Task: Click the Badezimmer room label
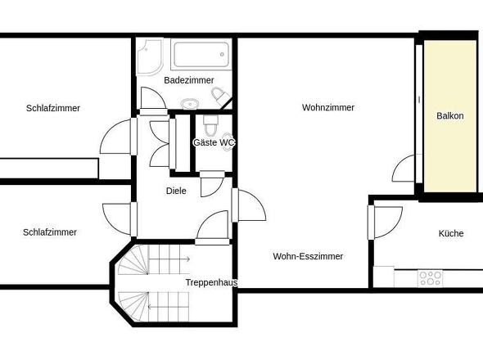click(x=189, y=80)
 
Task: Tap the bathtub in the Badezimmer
click(x=201, y=55)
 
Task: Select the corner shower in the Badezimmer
click(x=149, y=56)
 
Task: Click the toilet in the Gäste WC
click(x=210, y=125)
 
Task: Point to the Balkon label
click(x=450, y=116)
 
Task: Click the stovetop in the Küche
click(x=431, y=278)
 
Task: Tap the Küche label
click(x=451, y=233)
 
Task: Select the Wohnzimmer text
click(x=328, y=107)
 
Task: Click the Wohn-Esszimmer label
click(x=308, y=256)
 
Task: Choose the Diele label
click(x=176, y=191)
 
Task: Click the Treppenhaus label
click(x=211, y=282)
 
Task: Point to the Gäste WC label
click(x=214, y=142)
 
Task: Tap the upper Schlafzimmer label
click(x=53, y=108)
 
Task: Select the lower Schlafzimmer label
click(x=50, y=232)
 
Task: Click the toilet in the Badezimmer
click(x=220, y=95)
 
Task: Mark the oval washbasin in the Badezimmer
click(x=190, y=104)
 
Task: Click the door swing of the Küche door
click(x=395, y=228)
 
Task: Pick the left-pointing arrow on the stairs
click(x=168, y=307)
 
